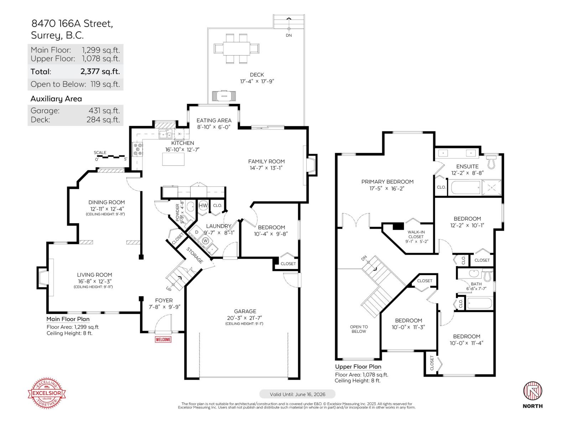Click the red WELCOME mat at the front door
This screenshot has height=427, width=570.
[x=163, y=339]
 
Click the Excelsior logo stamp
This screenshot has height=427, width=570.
[x=47, y=393]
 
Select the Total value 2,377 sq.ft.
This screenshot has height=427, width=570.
[x=100, y=71]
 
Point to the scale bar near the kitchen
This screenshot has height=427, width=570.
[x=110, y=157]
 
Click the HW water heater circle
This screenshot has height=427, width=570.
[x=203, y=206]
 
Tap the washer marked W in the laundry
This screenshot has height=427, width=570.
[x=206, y=241]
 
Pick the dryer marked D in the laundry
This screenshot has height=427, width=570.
[x=196, y=232]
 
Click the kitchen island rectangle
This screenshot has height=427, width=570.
[x=173, y=159]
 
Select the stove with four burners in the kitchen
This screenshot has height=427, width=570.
[x=138, y=149]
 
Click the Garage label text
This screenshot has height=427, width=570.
[x=245, y=311]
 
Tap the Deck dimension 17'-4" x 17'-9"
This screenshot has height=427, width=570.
[x=257, y=81]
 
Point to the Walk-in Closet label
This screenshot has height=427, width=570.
[x=416, y=234]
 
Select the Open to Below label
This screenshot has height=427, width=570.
[x=359, y=329]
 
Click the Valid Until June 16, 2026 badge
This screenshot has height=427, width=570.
[x=297, y=394]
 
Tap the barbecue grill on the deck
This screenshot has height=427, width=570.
[x=224, y=95]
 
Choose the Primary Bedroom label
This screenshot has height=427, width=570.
[x=387, y=181]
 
